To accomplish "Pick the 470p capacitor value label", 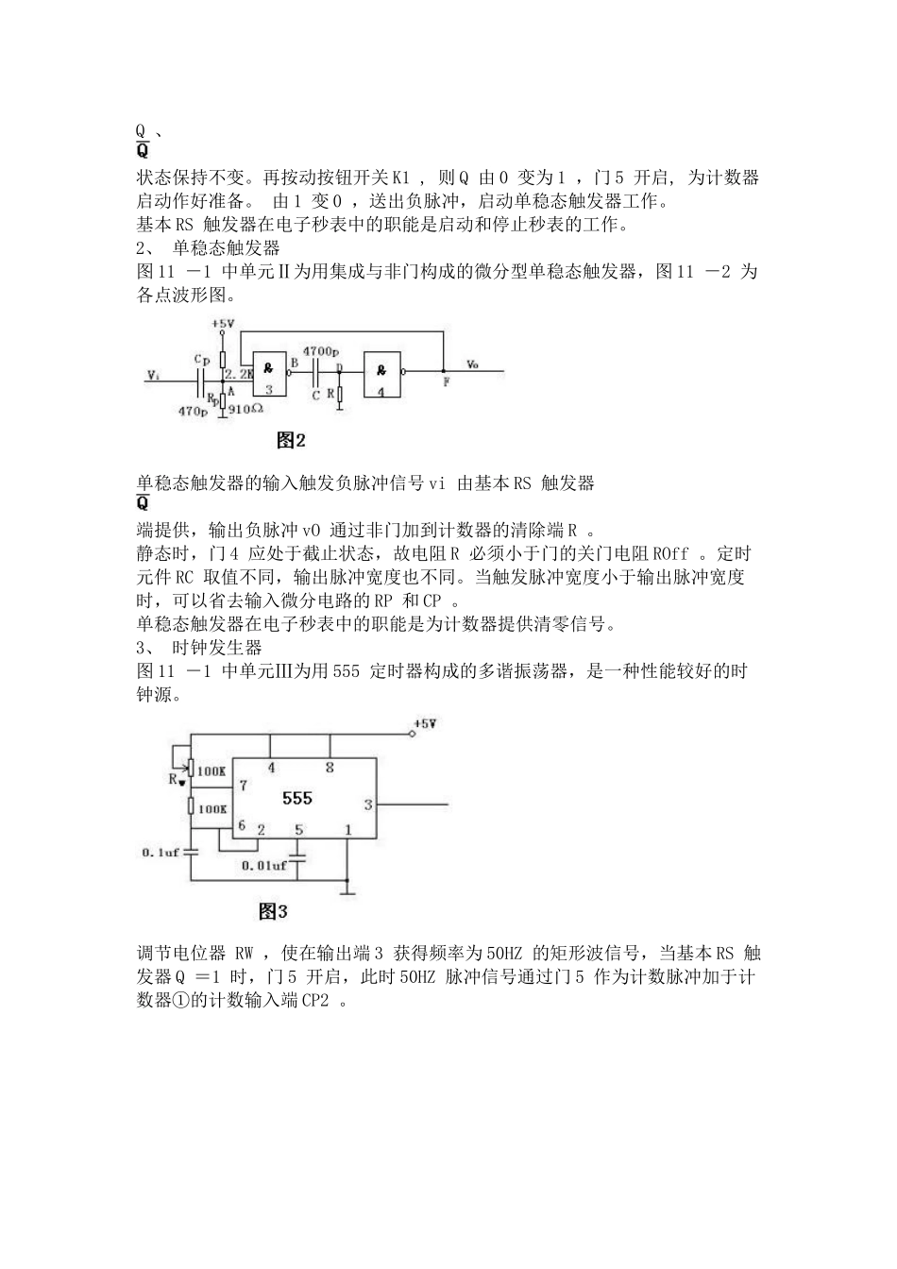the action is coord(193,411).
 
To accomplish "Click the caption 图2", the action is coord(292,440).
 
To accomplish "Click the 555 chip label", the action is coord(297,798).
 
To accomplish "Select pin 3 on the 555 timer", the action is coord(368,804).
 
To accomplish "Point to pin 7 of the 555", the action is coord(244,785).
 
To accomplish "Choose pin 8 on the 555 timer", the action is coord(330,768).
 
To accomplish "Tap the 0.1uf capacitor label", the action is coord(161,852).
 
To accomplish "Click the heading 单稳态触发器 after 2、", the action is coord(227,248).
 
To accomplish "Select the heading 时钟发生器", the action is coord(217,647).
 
